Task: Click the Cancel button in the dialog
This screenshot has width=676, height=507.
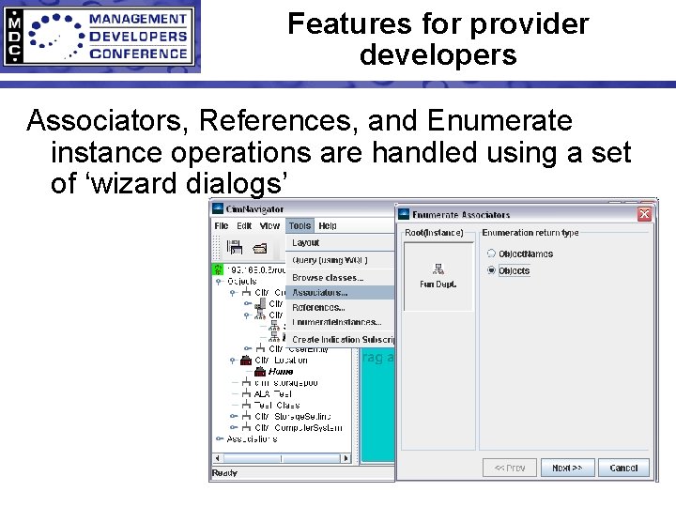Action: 623,468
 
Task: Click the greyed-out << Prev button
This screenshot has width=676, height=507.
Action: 510,468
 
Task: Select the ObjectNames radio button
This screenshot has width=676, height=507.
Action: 491,253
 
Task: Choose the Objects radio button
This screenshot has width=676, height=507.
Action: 491,270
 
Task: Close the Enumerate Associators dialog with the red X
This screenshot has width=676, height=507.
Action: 644,214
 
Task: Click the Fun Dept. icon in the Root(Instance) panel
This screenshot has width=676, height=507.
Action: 438,273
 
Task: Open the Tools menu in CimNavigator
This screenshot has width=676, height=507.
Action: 300,226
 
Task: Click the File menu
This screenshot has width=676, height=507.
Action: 222,226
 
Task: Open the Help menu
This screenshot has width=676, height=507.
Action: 328,226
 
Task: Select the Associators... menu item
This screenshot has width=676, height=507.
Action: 319,292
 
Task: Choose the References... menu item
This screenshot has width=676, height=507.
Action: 318,307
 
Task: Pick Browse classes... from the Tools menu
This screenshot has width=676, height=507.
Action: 327,277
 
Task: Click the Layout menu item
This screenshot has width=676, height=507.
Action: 306,243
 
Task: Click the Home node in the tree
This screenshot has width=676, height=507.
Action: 280,371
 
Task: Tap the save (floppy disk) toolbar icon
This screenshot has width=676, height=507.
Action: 236,248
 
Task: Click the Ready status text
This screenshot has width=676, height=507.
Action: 225,473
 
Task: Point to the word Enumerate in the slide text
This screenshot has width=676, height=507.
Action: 499,122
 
